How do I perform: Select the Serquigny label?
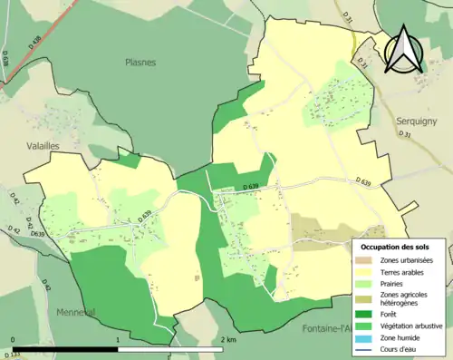416,120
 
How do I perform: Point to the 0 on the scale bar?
13,340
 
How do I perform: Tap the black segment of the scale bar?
65,348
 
